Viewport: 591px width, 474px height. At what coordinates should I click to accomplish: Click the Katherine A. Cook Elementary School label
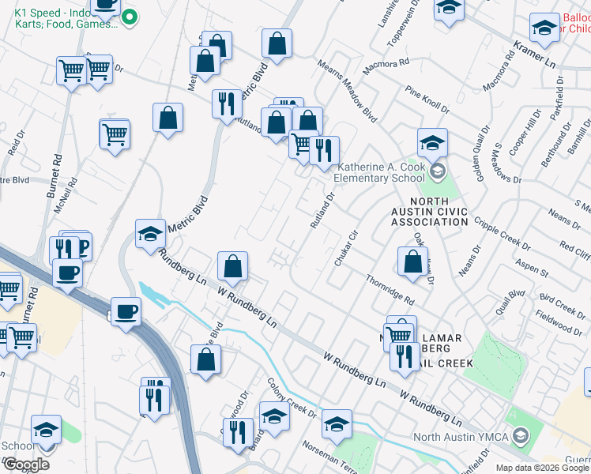click(382, 172)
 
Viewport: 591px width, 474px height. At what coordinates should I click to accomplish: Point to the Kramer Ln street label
click(536, 55)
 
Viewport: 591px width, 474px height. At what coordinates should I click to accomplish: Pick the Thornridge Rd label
click(390, 290)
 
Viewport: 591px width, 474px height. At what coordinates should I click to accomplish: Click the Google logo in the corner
click(25, 465)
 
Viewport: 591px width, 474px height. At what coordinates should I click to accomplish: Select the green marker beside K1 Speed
click(131, 17)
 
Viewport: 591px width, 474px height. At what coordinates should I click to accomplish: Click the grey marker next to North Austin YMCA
click(520, 435)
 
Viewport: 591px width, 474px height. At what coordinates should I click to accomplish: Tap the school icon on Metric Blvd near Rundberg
click(150, 234)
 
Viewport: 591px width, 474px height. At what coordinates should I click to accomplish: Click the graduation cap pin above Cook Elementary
click(432, 143)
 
